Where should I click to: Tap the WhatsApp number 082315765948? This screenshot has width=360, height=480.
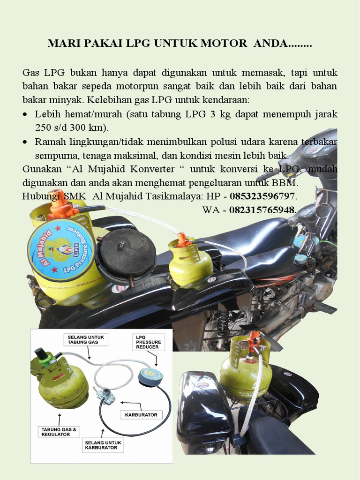(262, 210)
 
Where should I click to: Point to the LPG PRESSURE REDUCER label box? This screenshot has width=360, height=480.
(148, 343)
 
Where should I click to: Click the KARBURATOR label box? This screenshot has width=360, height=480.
(141, 415)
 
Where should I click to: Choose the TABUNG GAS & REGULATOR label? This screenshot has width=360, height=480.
(58, 431)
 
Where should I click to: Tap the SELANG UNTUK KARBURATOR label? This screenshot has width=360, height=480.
(103, 445)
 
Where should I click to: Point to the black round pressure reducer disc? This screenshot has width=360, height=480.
(126, 255)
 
